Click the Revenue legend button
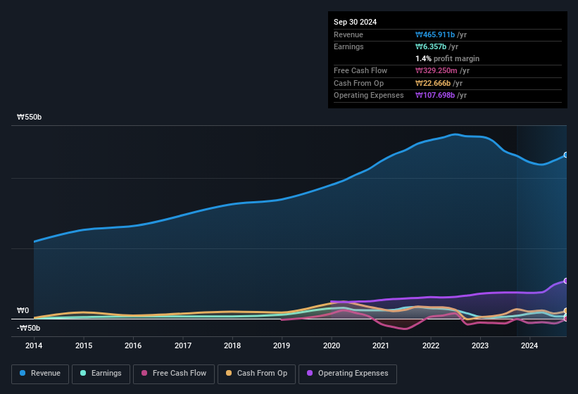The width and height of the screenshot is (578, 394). [40, 374]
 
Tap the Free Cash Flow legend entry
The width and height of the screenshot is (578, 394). [174, 374]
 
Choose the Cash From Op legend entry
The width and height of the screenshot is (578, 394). [258, 374]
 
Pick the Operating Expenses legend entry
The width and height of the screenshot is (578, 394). [347, 374]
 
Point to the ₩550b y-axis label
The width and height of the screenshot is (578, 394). [30, 117]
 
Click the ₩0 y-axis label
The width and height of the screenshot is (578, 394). [23, 310]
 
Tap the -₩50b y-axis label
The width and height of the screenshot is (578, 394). [28, 328]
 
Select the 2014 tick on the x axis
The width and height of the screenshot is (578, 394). [34, 345]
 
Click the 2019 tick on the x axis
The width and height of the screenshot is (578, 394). [282, 345]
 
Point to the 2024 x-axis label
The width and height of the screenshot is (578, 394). [529, 345]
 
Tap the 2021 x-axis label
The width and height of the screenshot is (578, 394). [381, 345]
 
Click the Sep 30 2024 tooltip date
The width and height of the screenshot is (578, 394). [356, 22]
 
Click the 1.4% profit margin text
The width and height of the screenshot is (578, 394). [447, 58]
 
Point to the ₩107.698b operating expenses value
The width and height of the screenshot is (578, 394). [441, 95]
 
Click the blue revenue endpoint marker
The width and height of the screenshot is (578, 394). [565, 155]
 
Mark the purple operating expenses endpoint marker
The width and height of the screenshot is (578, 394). [565, 281]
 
